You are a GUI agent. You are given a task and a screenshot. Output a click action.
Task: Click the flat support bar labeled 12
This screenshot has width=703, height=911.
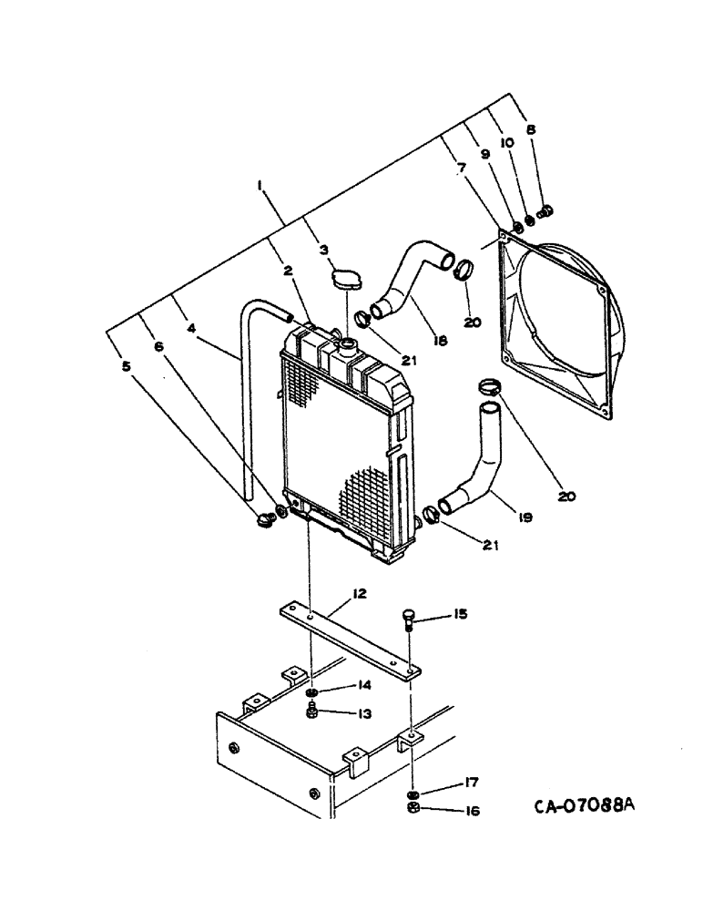pos(346,637)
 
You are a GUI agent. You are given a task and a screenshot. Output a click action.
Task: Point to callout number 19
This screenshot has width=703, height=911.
pos(525,517)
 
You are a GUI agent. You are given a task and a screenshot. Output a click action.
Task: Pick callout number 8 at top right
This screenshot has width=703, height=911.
pos(532,129)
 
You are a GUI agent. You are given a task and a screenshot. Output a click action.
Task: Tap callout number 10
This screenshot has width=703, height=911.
pos(506,142)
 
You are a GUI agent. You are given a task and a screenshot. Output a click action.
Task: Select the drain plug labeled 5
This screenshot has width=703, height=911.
pos(265,521)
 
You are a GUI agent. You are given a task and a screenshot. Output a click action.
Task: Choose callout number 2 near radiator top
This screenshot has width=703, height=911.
pos(288,271)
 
